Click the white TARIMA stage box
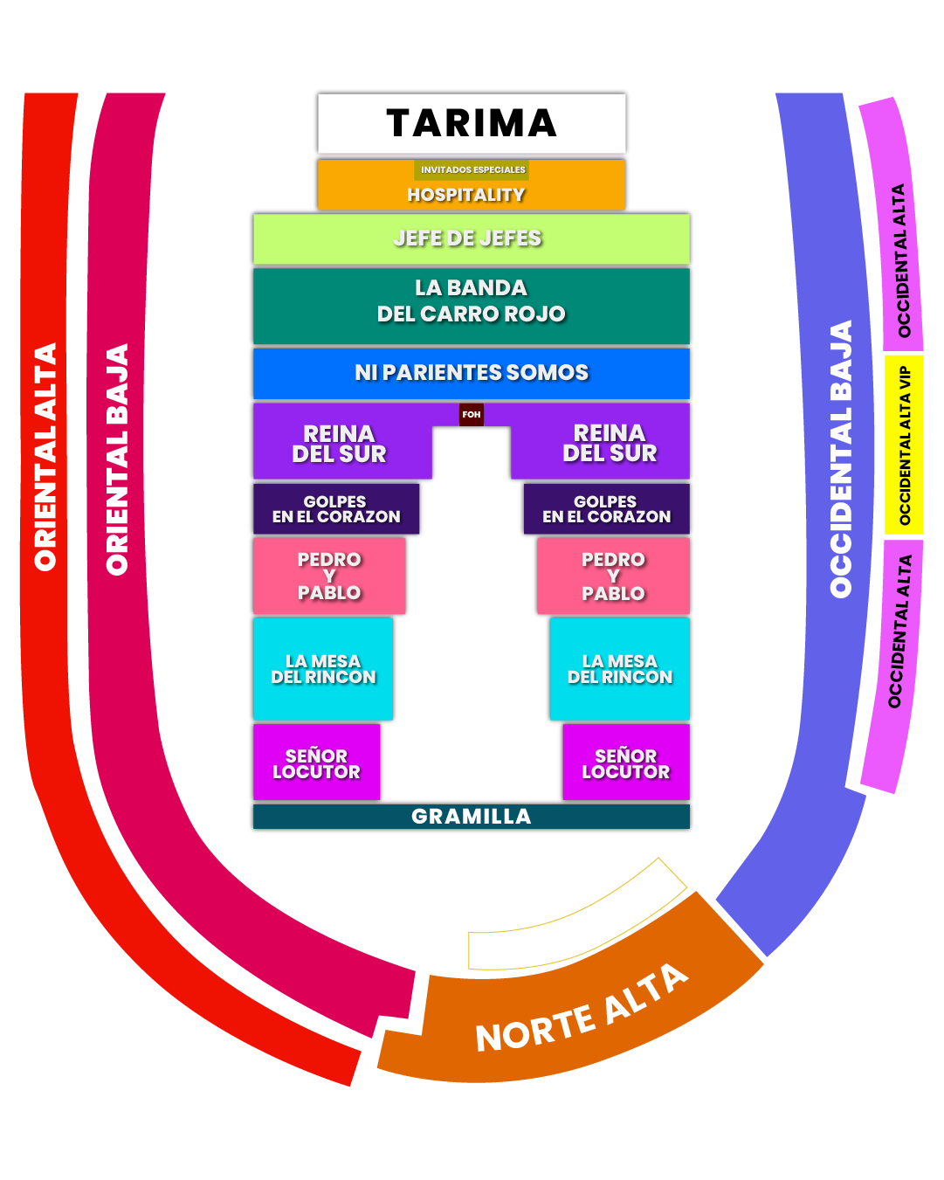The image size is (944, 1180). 472,123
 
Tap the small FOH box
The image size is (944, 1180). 472,414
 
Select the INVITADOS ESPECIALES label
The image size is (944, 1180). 472,169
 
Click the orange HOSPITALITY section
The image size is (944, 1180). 466,195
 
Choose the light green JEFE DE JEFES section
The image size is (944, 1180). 471,238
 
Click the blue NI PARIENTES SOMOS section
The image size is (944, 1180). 471,373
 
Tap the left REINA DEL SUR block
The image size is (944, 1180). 340,443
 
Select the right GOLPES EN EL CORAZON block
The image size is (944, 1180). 606,509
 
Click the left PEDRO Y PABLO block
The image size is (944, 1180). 329,576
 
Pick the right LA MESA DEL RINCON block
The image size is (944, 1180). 619,669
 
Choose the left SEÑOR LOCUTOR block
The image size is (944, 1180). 316,763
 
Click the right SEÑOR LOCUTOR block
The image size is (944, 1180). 625,763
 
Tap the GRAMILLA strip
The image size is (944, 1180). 471,817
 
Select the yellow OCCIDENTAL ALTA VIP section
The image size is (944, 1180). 904,445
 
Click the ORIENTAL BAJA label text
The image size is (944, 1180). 117,459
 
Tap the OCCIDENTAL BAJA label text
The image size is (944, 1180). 840,459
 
